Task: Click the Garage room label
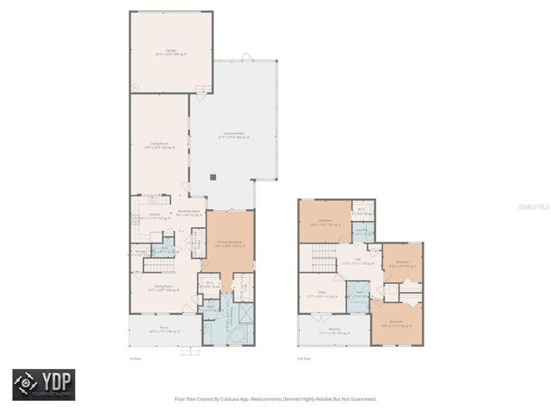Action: [x=170, y=52]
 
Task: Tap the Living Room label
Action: [x=158, y=145]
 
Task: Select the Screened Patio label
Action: [x=234, y=134]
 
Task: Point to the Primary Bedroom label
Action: [x=228, y=244]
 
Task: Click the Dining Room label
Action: [x=163, y=287]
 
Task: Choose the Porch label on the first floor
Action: [x=163, y=329]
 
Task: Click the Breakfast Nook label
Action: [x=189, y=212]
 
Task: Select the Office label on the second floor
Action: [x=322, y=294]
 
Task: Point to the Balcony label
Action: [x=333, y=330]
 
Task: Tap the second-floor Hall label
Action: [x=355, y=262]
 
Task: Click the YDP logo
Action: [x=43, y=385]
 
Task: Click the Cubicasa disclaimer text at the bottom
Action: [x=275, y=398]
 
